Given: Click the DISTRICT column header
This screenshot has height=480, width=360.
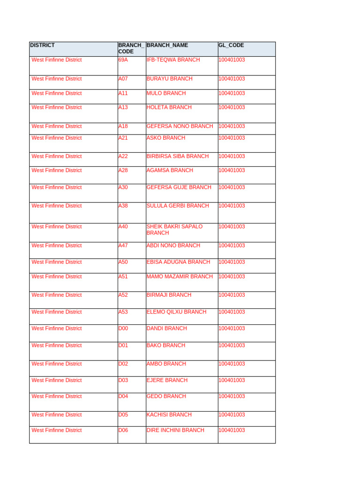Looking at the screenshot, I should (42, 45).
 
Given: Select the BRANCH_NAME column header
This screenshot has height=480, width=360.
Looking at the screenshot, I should (167, 45).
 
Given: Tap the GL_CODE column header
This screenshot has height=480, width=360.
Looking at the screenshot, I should (231, 45).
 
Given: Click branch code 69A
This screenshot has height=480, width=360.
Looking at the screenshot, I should (123, 60).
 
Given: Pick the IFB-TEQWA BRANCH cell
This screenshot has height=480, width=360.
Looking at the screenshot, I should (173, 60).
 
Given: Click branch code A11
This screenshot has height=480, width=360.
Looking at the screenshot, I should (123, 93).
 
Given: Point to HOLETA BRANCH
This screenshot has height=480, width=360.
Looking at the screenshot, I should (169, 107).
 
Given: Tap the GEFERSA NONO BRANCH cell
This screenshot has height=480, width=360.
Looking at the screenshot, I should (180, 126).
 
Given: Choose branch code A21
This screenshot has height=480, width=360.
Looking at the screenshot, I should (123, 138).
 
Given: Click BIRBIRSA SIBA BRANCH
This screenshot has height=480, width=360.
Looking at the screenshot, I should (178, 156).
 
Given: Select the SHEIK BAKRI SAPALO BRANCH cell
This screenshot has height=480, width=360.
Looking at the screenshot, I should (174, 230).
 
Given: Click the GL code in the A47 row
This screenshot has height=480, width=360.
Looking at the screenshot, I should (232, 246).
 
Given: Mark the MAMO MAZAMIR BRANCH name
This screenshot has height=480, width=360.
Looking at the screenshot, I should (180, 277).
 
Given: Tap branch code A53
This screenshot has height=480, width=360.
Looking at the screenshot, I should (123, 312).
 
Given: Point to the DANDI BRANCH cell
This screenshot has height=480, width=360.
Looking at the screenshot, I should (166, 329).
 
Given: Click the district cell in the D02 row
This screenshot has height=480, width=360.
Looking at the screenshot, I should (56, 364).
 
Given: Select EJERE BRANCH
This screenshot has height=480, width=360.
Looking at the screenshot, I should (167, 380).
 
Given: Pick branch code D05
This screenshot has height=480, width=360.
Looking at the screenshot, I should (123, 415).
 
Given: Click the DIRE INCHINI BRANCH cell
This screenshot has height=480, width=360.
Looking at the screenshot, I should (175, 430).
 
